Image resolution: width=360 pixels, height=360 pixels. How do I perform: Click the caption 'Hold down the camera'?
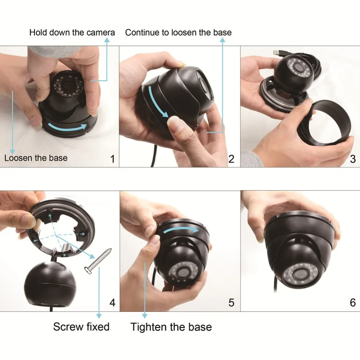point(72,33)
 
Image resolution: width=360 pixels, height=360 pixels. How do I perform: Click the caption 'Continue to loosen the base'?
point(179,33)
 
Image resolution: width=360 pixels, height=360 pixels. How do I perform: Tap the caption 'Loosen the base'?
point(36,158)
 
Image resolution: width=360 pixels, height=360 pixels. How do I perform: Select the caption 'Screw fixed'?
point(81,327)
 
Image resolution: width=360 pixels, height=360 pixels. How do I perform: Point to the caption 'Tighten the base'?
point(171,327)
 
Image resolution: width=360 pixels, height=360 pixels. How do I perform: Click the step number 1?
point(112,159)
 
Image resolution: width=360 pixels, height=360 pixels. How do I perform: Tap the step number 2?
point(231,159)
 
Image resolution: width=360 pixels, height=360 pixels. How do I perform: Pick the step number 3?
point(353,159)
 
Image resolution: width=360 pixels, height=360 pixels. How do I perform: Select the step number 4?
point(112,303)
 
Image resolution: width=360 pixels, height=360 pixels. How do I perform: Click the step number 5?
point(231,303)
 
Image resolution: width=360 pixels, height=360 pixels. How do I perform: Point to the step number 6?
point(353,303)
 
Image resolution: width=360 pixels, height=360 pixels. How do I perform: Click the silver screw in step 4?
point(98,261)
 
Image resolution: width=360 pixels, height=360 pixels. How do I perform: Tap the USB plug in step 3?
point(278,53)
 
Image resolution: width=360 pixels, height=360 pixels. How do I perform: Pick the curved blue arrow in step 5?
point(180,230)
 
